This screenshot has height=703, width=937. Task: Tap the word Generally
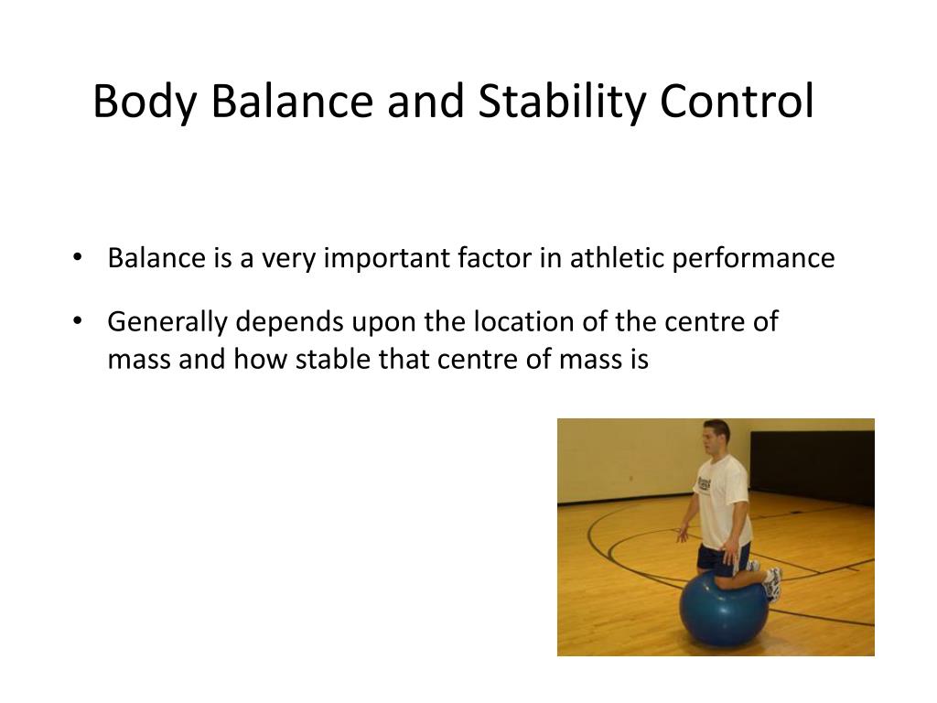[167, 323]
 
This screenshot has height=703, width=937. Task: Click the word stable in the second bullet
[328, 359]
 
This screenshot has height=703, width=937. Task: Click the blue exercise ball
[724, 609]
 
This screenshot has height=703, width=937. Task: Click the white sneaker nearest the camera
[773, 582]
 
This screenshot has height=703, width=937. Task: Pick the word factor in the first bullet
[490, 258]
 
